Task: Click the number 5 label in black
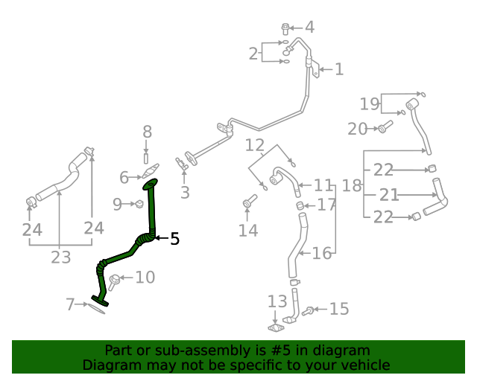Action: click(174, 239)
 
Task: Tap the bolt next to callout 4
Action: click(286, 29)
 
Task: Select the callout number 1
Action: click(339, 70)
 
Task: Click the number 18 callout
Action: click(351, 185)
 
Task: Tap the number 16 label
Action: click(322, 254)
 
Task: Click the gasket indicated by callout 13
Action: click(276, 327)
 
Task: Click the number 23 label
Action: click(60, 257)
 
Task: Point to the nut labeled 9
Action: click(138, 205)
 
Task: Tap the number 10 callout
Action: click(145, 278)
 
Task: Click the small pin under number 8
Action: click(147, 158)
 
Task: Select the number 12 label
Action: click(255, 144)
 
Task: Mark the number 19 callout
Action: click(370, 103)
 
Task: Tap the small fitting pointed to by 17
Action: click(300, 205)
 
